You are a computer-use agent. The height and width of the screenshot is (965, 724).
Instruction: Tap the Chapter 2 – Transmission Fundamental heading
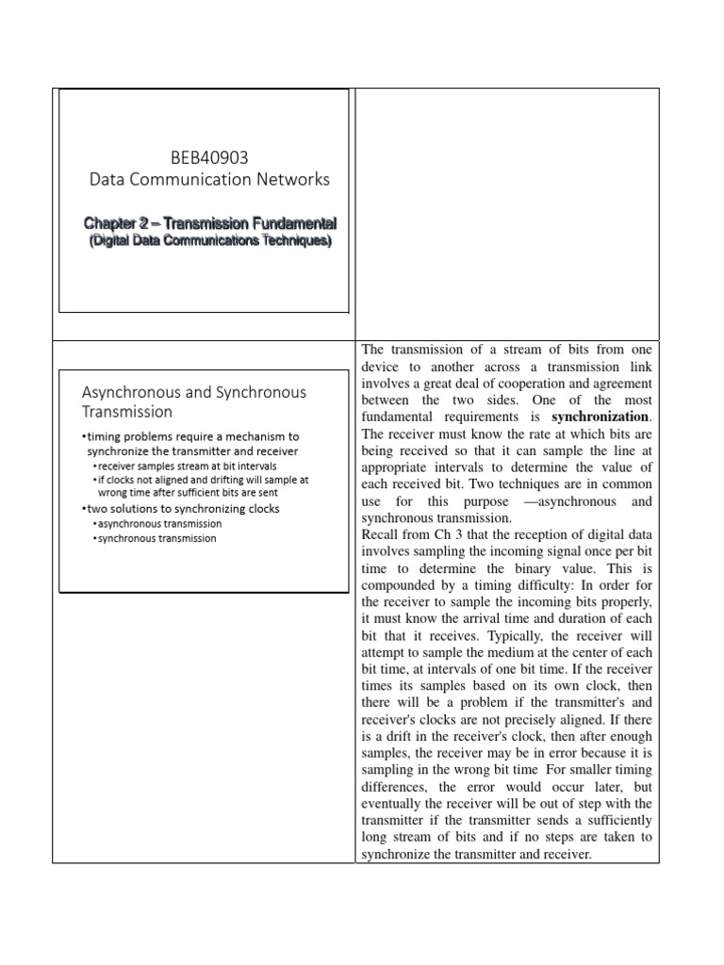[209, 223]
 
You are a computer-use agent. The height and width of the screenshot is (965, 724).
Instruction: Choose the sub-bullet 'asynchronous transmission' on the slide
[161, 523]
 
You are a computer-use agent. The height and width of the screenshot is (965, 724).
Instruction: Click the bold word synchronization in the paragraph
[601, 416]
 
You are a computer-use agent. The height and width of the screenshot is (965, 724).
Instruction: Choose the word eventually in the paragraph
[395, 804]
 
